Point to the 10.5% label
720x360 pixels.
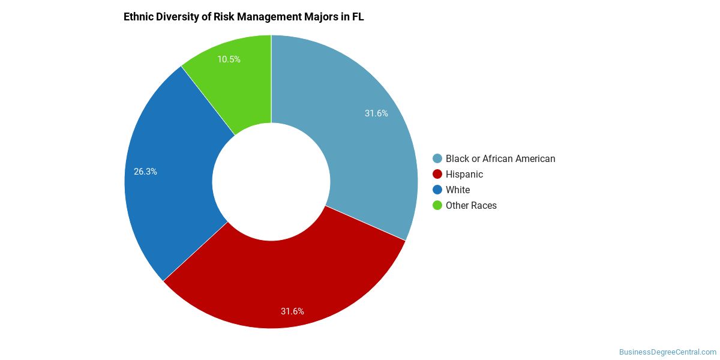[x=229, y=59]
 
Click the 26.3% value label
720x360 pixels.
[x=145, y=172]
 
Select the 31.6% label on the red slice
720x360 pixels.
[x=292, y=311]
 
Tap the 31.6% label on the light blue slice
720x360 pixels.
[x=376, y=113]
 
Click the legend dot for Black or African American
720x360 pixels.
[x=437, y=159]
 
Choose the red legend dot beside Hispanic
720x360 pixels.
[x=437, y=175]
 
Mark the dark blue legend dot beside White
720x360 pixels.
[x=437, y=190]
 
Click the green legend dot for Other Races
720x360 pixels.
[x=437, y=206]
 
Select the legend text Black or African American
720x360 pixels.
[x=500, y=159]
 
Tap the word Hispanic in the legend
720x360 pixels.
[x=464, y=175]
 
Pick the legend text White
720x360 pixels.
[x=458, y=190]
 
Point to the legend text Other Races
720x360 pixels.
[x=471, y=206]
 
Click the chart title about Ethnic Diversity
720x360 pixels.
[x=244, y=17]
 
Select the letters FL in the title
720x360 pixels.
[x=358, y=17]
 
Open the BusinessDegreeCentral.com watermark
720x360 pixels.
[x=668, y=352]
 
